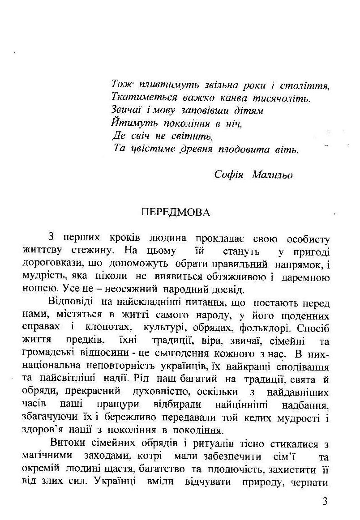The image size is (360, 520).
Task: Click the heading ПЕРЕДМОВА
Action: (x=175, y=213)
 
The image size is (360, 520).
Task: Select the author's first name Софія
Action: (x=228, y=175)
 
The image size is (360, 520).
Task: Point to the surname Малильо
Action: (x=272, y=175)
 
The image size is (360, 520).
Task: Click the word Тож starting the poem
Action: (x=120, y=85)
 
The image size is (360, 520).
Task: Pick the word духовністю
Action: (x=160, y=392)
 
